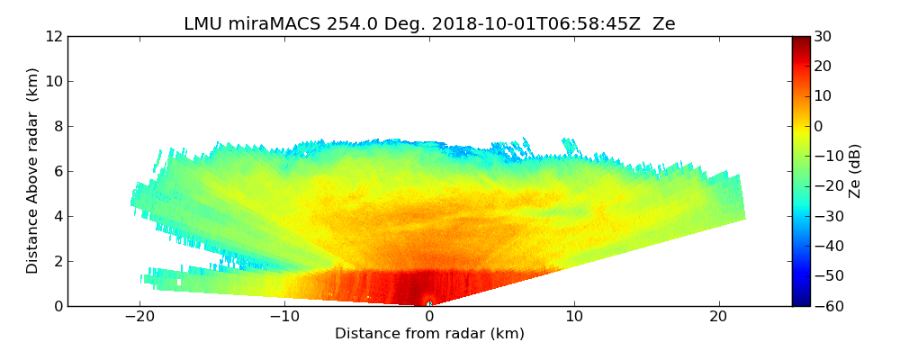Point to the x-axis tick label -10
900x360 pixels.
coord(283,317)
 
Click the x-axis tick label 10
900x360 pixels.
coord(574,317)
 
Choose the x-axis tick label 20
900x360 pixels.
coord(718,317)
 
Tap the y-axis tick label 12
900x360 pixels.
coord(54,37)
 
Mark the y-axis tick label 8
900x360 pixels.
coord(58,127)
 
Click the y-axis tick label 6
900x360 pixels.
coord(58,172)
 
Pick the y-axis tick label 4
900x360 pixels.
coord(58,217)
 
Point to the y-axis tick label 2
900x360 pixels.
coord(58,262)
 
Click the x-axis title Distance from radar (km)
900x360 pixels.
coord(429,334)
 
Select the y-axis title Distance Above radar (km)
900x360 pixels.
coord(33,171)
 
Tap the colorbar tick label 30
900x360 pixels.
coord(822,37)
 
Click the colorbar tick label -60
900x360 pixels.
coord(825,306)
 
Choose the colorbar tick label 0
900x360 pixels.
coord(819,127)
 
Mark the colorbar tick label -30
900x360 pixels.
coord(825,217)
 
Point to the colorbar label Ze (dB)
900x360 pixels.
coord(855,171)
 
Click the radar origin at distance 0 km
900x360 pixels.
coord(429,304)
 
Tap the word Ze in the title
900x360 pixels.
coord(663,24)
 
